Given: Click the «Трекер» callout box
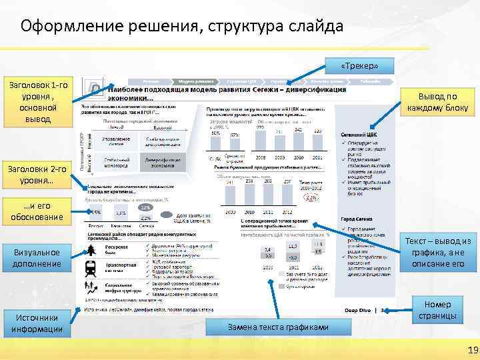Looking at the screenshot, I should click(x=359, y=66).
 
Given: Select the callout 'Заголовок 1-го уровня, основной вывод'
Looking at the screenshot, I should click(x=36, y=102).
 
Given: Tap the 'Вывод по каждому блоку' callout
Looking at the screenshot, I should click(x=438, y=101).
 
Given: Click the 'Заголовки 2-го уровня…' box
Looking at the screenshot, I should click(x=36, y=175).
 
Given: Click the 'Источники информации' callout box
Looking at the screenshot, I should click(x=36, y=323).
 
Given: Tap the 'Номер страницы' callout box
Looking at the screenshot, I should click(x=438, y=310).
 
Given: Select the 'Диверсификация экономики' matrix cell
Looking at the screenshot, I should click(x=160, y=162).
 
